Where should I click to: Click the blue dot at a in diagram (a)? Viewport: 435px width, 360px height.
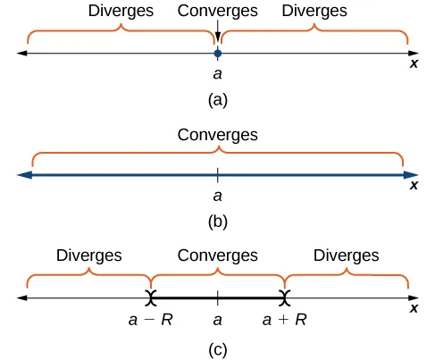217,54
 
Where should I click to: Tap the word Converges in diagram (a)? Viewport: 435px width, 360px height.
217,12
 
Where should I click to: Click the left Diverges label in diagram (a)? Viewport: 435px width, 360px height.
121,12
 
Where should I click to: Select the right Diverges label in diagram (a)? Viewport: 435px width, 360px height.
314,12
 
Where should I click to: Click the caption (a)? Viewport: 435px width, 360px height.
217,101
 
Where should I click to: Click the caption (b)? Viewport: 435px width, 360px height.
217,222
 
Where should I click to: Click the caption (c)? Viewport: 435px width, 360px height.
217,347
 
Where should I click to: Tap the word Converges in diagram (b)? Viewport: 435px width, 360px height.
217,136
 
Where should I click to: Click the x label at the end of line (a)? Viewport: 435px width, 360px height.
414,64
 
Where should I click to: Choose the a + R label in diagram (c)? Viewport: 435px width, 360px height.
285,319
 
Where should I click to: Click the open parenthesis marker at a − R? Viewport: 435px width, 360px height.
153,297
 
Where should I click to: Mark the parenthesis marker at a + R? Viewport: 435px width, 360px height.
285,297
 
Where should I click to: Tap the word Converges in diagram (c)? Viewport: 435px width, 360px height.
217,256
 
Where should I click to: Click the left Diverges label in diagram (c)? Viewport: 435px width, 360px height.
88,256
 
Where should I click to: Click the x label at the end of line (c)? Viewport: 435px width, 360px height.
414,308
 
